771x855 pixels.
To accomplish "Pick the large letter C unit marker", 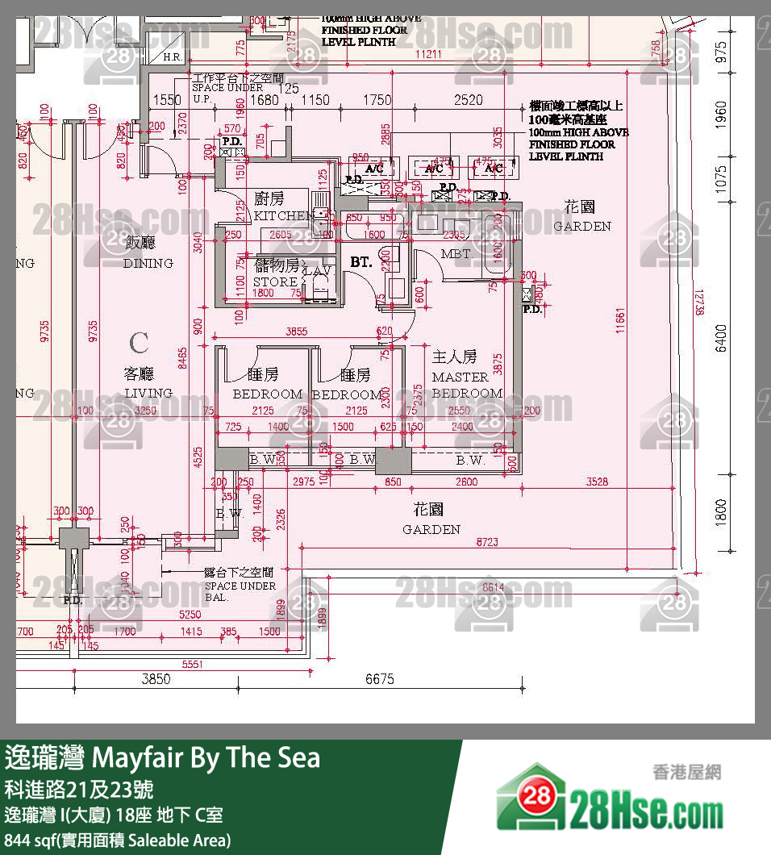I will [x=139, y=343].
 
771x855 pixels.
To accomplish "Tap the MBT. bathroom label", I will [x=456, y=253].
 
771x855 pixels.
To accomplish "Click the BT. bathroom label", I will [x=360, y=261].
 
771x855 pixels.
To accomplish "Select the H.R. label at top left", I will [x=172, y=58].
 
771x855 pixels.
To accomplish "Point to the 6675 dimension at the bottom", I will [x=380, y=679].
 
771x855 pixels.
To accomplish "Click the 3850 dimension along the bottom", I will [x=156, y=679].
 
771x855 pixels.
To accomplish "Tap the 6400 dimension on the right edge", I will [x=721, y=338].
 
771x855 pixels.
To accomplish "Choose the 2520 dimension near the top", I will [x=468, y=100].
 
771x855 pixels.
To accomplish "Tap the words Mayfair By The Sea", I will [x=207, y=758].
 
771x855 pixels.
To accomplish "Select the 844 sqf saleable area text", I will [x=117, y=839].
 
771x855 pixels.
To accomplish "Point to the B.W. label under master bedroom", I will [x=470, y=461].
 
